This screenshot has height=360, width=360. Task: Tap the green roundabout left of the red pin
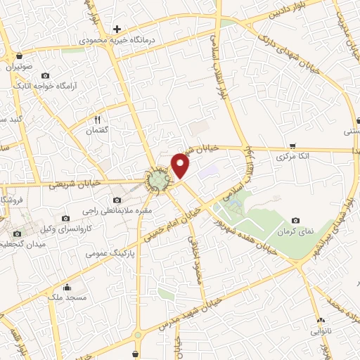159,182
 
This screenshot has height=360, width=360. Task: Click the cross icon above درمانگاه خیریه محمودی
117,29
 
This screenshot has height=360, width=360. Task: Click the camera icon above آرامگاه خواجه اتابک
46,75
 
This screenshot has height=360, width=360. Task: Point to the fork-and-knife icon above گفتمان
99,120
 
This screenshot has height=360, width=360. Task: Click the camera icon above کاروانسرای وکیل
65,219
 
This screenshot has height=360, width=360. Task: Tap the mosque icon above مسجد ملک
66,286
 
